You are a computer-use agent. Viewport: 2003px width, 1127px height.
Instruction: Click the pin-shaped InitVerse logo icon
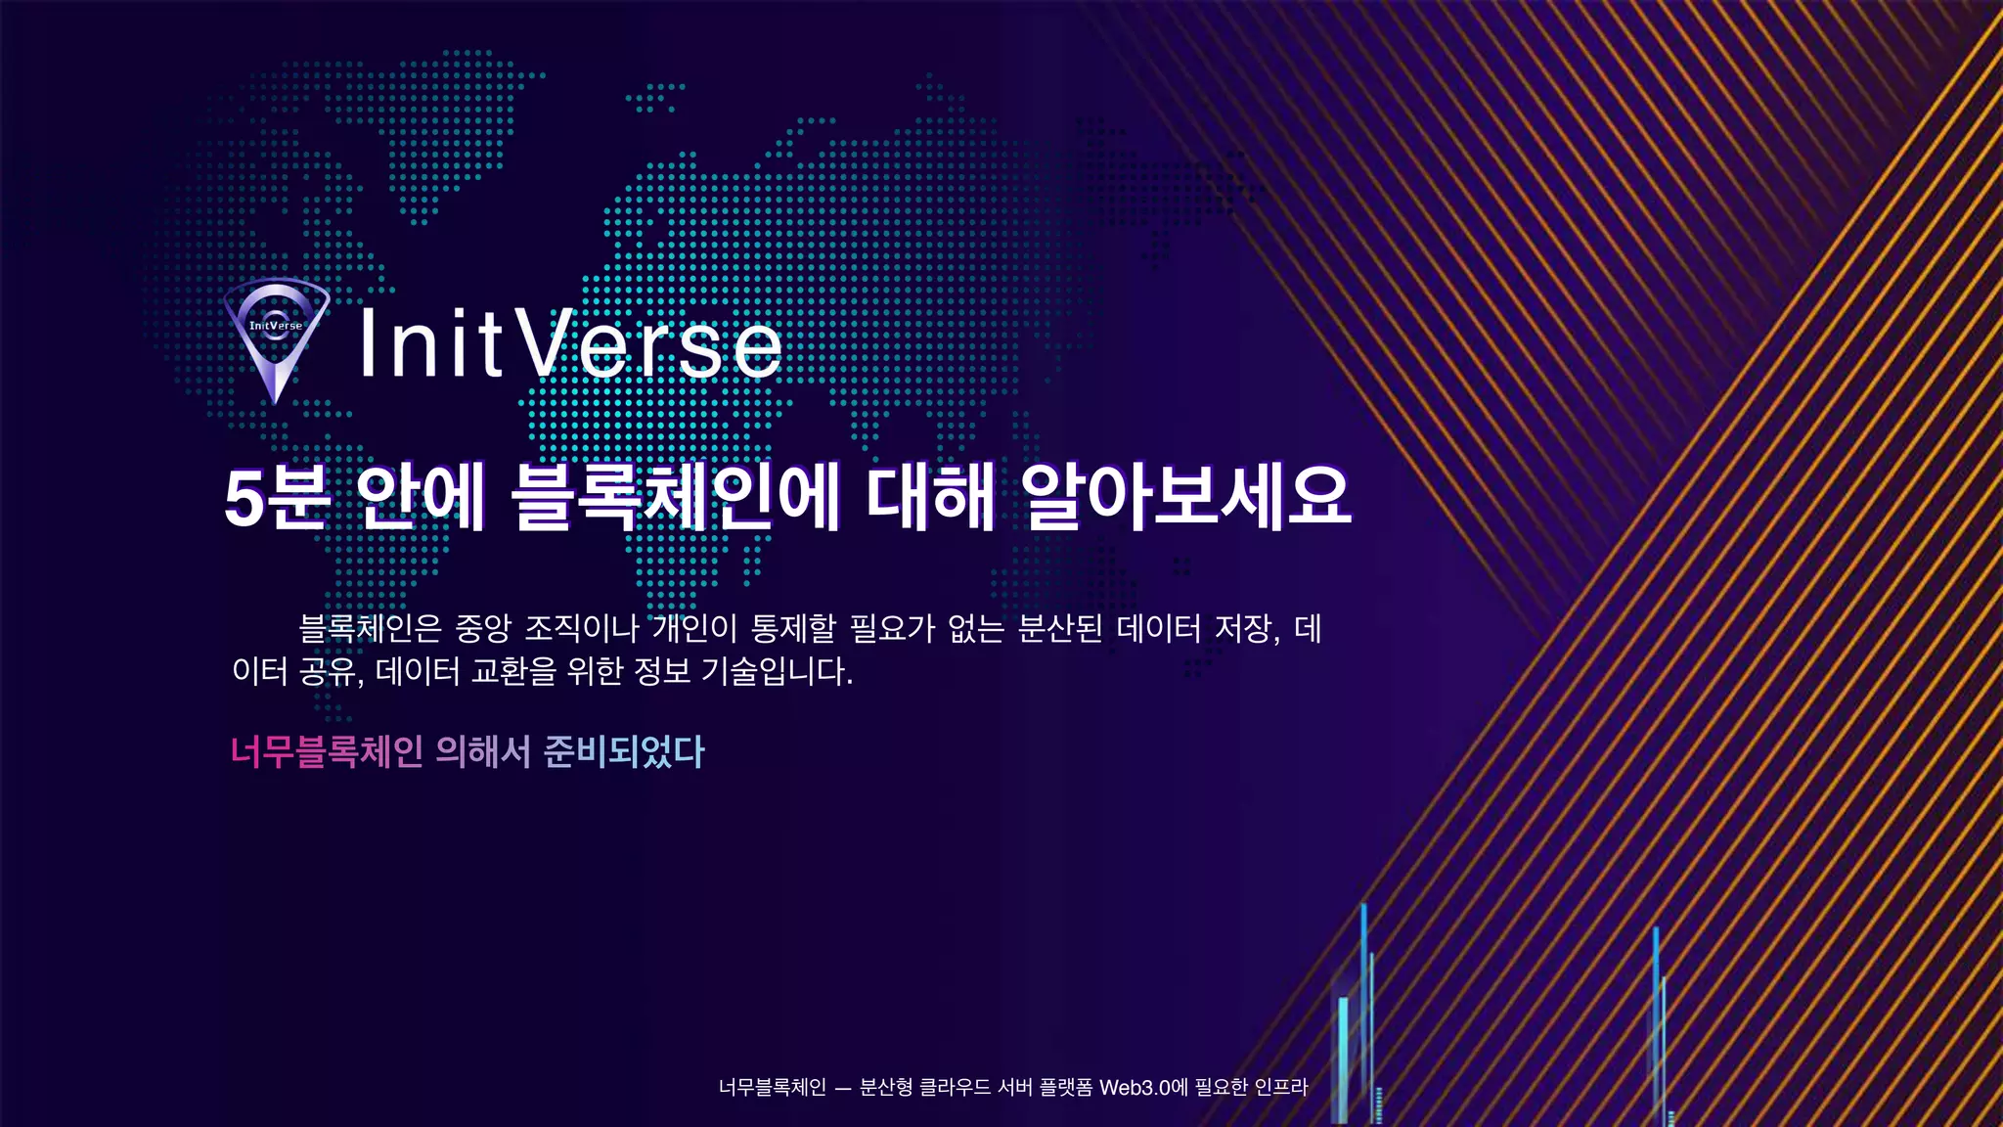(276, 338)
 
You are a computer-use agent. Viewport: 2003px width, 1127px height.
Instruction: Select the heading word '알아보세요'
(1186, 497)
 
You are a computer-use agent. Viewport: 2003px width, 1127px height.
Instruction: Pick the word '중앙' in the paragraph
(483, 628)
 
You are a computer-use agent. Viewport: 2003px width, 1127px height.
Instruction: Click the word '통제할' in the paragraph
(793, 628)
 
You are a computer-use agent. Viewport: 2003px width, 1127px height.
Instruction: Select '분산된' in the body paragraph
(1060, 628)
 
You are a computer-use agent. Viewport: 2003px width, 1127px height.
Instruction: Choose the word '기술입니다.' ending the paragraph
(778, 672)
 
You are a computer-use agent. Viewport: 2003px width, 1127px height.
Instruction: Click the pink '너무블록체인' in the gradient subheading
(327, 751)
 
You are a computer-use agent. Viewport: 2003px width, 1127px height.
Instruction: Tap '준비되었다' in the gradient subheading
(624, 751)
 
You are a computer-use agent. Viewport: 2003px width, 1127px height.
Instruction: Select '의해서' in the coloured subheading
(483, 751)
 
